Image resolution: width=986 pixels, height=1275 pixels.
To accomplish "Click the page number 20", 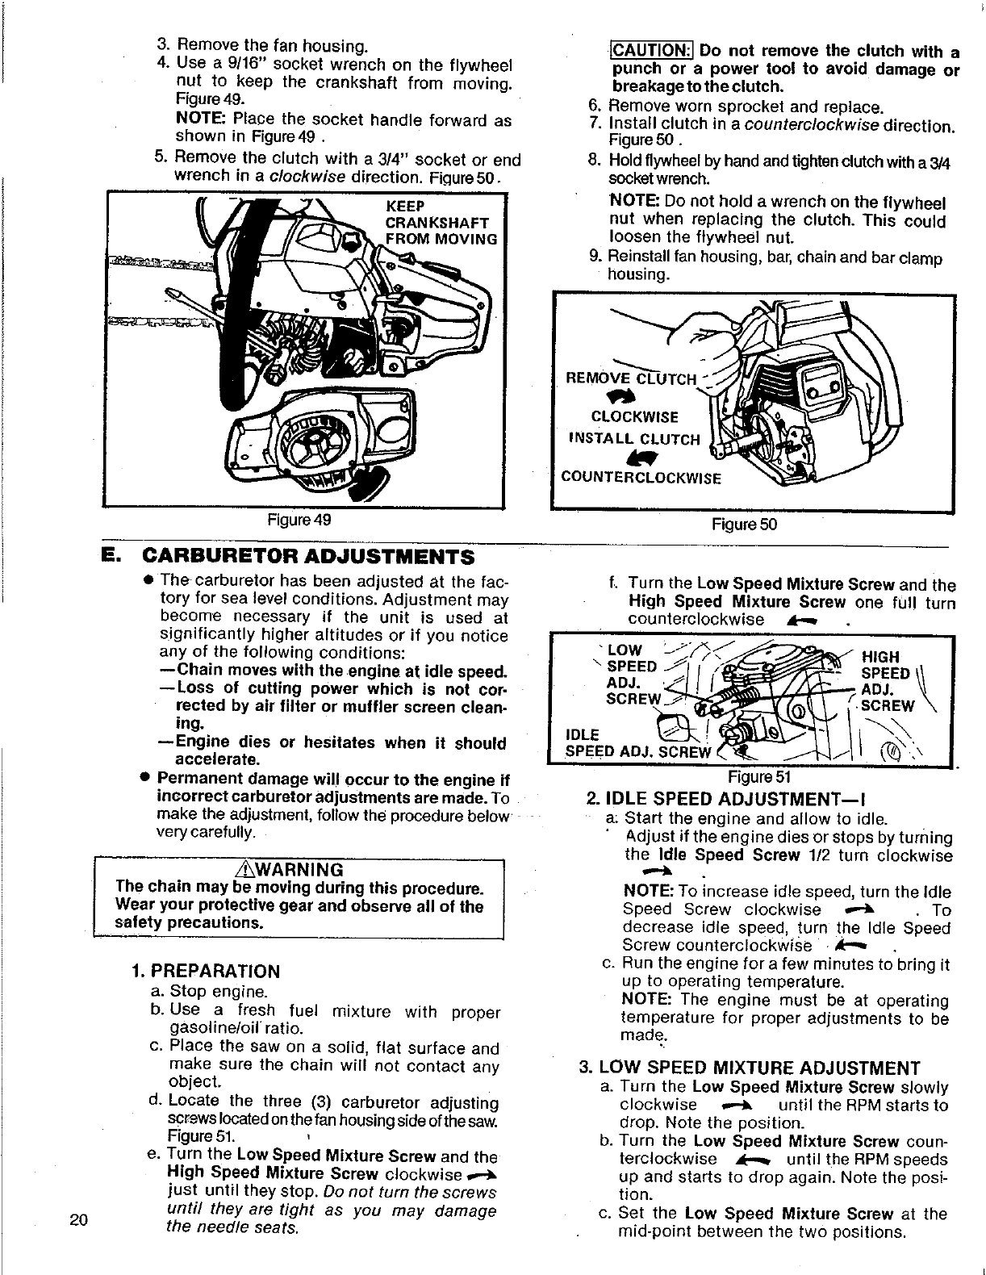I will tap(78, 1219).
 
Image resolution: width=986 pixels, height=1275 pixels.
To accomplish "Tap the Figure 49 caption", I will tap(299, 520).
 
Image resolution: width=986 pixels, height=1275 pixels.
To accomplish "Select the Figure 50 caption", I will tap(744, 525).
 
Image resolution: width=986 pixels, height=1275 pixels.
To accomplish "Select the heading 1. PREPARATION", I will tap(206, 971).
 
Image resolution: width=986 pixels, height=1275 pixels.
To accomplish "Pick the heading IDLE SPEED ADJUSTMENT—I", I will tap(713, 799).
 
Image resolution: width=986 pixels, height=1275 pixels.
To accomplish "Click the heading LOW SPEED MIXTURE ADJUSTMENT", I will tap(750, 1068).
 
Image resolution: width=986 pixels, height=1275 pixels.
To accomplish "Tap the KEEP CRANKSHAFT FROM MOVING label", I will tap(440, 223).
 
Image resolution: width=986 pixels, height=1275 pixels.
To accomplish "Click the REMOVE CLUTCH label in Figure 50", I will tap(631, 378).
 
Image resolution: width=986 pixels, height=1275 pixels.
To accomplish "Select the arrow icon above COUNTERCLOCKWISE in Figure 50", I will tap(625, 457).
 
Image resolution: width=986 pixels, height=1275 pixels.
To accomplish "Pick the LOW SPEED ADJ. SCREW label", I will tap(633, 675).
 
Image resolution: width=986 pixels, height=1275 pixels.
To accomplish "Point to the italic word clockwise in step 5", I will tap(307, 176).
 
